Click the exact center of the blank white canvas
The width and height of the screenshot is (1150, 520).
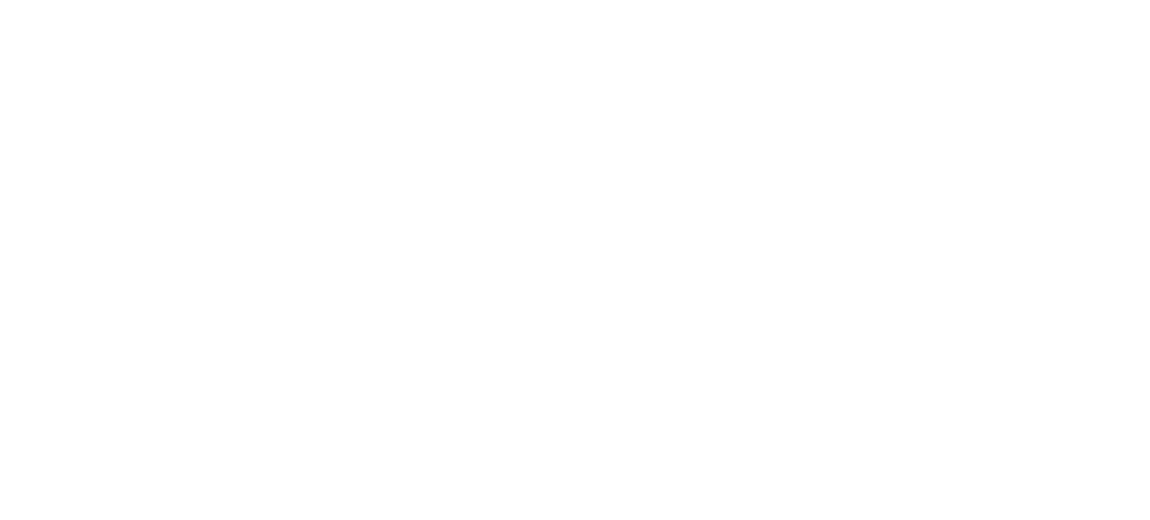tap(575, 260)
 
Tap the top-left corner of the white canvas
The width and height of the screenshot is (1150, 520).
tap(0, 0)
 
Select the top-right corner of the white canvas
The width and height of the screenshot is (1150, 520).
tap(1149, 0)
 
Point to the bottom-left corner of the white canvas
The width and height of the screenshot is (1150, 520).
tap(0, 519)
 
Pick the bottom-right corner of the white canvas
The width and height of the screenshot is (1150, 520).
tap(1149, 519)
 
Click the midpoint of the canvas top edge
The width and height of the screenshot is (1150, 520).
tap(575, 0)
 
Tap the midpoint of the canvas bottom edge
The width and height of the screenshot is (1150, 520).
tap(575, 519)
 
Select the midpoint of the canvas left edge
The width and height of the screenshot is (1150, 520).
tap(0, 260)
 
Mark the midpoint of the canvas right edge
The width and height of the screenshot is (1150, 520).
tap(1149, 260)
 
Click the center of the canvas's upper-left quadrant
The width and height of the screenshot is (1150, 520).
tap(287, 130)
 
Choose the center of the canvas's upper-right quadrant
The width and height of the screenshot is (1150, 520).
tap(862, 130)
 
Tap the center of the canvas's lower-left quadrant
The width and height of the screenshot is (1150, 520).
tap(287, 390)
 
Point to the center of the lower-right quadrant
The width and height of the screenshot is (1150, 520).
tap(862, 390)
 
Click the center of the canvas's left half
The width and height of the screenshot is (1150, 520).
tap(287, 260)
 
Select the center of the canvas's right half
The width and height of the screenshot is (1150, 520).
tap(862, 260)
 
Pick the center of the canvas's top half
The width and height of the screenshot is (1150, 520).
tap(575, 130)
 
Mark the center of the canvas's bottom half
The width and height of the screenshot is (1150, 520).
tap(575, 390)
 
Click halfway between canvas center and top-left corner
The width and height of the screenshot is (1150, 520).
tap(287, 130)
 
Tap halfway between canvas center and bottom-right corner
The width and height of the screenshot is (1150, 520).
tap(862, 390)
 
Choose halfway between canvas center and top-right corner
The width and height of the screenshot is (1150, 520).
tap(862, 130)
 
